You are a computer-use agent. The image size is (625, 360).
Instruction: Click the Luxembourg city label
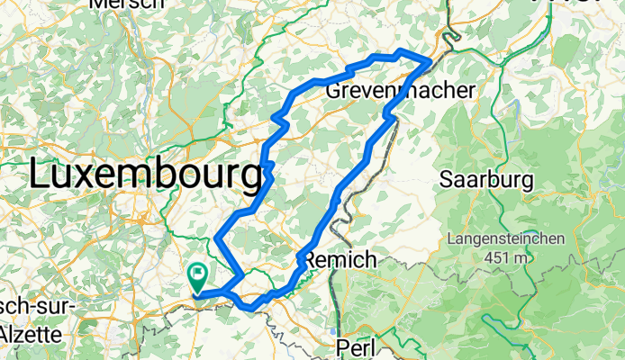coord(144,173)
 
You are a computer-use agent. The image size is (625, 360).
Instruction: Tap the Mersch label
coord(126,4)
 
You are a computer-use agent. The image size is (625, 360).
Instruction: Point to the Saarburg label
coord(486,180)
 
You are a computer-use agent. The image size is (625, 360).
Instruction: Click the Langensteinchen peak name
coord(505,240)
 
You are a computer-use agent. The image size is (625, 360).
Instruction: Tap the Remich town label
coord(340,259)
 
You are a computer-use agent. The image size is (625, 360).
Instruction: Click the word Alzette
coord(31,334)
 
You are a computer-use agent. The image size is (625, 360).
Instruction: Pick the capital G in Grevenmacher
coord(333,91)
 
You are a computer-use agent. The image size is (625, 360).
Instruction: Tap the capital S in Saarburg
coord(446,180)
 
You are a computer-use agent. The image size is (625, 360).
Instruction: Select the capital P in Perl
coord(343,346)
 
